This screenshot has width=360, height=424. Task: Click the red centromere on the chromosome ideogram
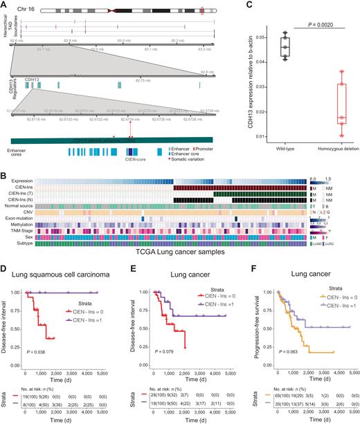click(x=129, y=12)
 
